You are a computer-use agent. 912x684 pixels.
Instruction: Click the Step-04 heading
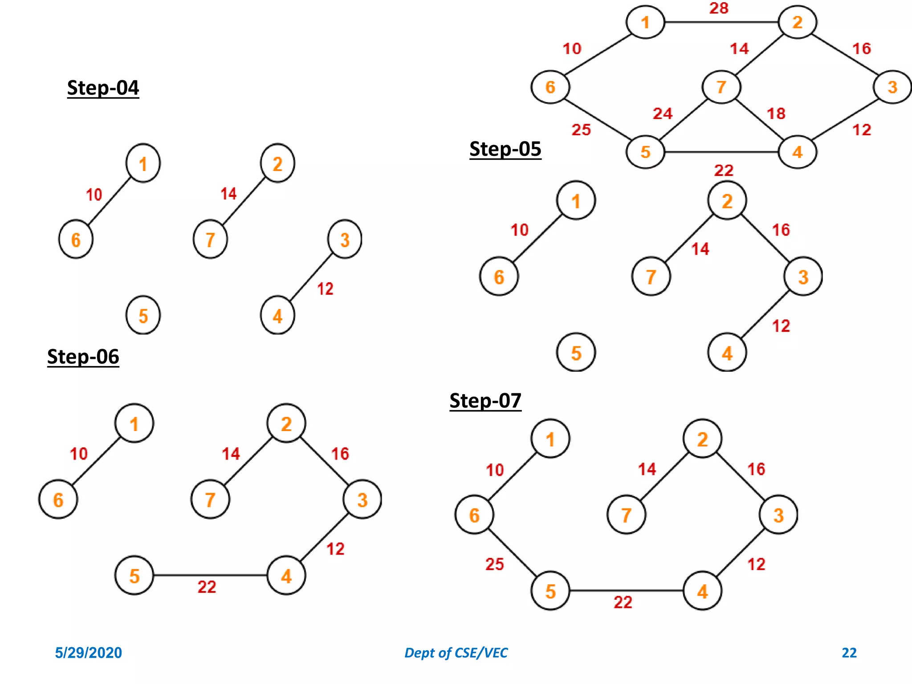[103, 88]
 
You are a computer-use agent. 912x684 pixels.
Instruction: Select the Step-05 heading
[505, 149]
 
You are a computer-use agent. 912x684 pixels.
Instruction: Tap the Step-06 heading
[83, 357]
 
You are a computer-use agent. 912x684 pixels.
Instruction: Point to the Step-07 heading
[485, 401]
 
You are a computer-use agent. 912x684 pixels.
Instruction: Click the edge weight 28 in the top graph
[719, 8]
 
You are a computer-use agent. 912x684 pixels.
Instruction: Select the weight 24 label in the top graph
[662, 114]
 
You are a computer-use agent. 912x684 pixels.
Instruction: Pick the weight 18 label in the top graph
[776, 114]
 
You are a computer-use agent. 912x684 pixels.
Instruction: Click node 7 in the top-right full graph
[721, 87]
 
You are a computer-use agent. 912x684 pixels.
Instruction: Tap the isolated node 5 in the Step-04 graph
[143, 316]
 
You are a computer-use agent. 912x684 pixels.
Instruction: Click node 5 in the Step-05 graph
[576, 353]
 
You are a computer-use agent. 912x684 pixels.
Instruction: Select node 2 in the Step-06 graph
[286, 423]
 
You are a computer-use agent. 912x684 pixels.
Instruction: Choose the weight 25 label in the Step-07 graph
[494, 564]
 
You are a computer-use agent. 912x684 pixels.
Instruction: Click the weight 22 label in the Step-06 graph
[207, 587]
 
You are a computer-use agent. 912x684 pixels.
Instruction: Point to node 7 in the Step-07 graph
[626, 515]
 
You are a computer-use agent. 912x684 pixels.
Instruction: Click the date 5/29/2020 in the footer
[88, 653]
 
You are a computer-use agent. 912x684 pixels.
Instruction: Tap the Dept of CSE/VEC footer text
[456, 653]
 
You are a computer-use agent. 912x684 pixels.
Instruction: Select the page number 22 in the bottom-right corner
[849, 653]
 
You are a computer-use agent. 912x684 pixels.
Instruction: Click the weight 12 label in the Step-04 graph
[325, 289]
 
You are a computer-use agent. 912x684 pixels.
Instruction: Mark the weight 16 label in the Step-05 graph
[781, 230]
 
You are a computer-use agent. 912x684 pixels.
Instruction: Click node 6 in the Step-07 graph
[474, 515]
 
